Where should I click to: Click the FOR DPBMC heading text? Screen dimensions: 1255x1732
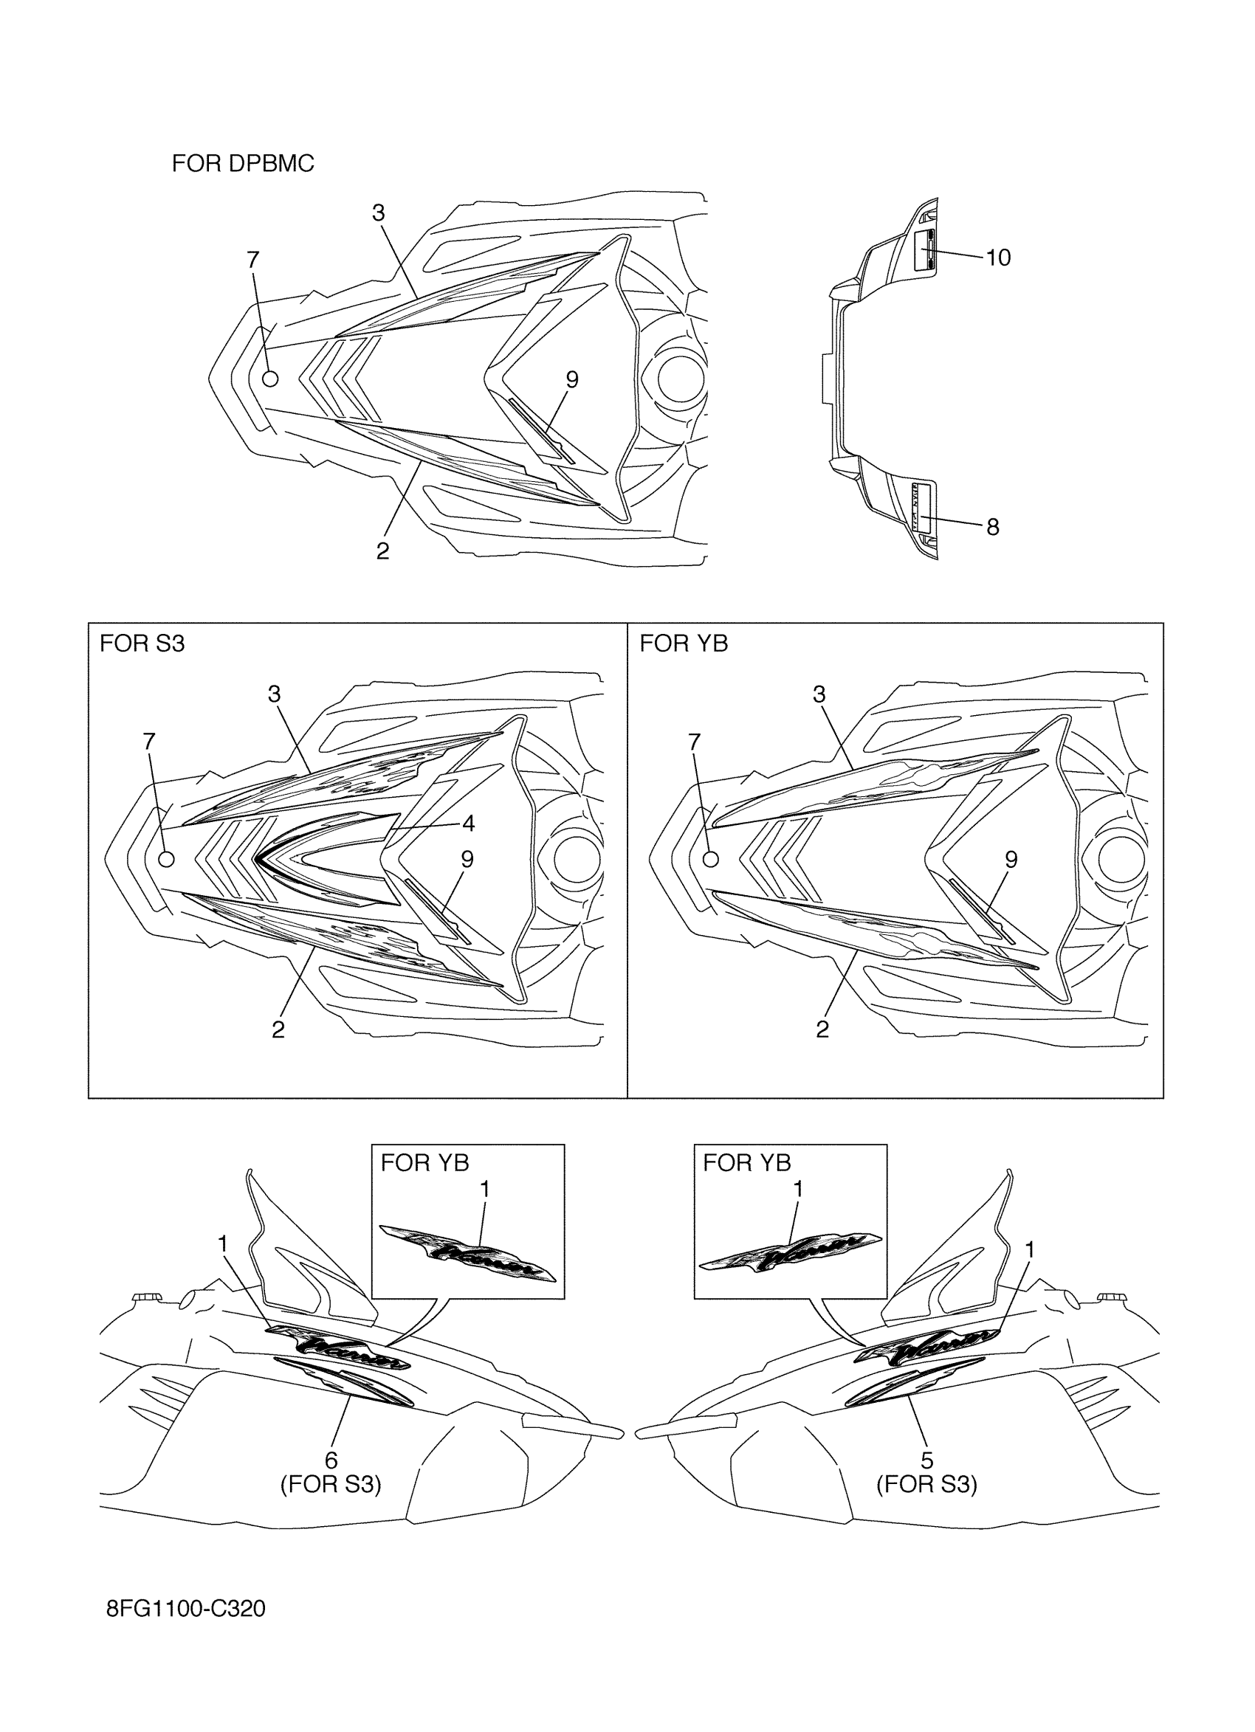point(243,163)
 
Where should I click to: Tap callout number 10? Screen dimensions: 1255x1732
point(998,258)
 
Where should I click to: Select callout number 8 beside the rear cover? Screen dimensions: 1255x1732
point(992,527)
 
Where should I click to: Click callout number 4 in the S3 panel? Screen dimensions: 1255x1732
point(468,824)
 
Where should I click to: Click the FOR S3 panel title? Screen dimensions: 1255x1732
point(142,644)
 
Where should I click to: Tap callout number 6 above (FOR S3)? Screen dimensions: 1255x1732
point(331,1460)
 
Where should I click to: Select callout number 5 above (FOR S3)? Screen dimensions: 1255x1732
point(926,1460)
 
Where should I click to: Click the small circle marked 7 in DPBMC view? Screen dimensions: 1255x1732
point(269,378)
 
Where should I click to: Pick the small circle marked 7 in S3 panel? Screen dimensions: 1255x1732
point(166,859)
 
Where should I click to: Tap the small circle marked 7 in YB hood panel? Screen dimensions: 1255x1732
point(710,859)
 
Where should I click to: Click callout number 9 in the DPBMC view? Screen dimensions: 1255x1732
point(571,379)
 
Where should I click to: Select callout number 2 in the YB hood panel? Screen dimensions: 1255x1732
point(822,1030)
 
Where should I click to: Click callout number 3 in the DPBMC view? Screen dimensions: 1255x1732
point(378,213)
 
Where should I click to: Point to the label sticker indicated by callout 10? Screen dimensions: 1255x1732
point(925,249)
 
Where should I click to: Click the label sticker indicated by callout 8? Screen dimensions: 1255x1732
point(923,507)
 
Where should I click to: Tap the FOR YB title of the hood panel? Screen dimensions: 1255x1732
point(684,644)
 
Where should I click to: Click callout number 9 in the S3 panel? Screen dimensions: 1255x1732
point(467,860)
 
